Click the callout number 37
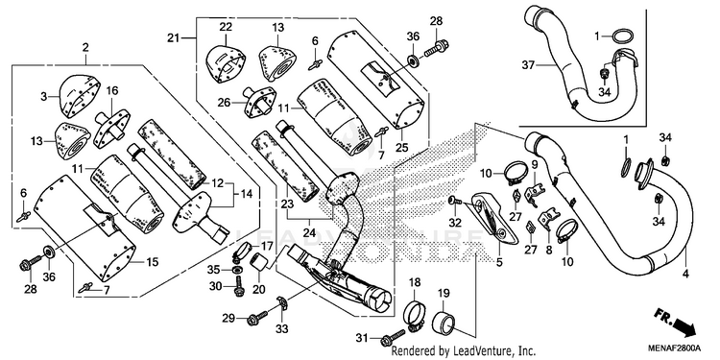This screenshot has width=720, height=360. (529, 65)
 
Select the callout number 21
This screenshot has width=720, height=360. (173, 38)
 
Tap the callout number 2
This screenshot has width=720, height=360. (85, 47)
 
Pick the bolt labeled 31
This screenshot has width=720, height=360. (393, 337)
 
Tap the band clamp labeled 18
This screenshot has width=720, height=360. (415, 315)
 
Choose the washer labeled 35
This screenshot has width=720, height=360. (238, 270)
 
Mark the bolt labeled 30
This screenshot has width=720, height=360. (239, 286)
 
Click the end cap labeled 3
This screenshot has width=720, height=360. (81, 95)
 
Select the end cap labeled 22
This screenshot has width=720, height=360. (224, 63)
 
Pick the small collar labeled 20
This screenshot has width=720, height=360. (258, 266)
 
